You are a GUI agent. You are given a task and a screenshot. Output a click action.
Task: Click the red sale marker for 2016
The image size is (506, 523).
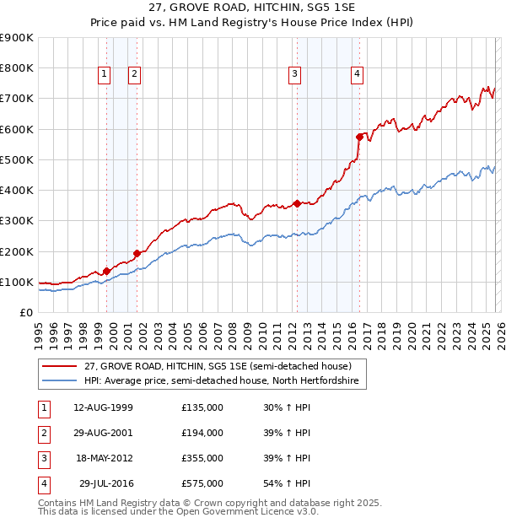tap(359, 136)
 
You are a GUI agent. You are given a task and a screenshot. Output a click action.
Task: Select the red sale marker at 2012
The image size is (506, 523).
tap(297, 203)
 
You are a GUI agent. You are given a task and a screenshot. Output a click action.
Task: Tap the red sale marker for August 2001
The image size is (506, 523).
tap(137, 253)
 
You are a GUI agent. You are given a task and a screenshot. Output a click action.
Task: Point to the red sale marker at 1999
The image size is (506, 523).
tap(106, 271)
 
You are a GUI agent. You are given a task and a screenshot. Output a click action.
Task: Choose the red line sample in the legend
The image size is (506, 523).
tap(60, 366)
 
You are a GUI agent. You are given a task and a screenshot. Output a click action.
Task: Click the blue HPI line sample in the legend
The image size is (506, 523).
tap(60, 381)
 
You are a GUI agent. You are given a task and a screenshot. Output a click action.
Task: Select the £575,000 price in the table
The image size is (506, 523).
tap(202, 483)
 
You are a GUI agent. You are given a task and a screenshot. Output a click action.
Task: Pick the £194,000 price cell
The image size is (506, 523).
tap(202, 433)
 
